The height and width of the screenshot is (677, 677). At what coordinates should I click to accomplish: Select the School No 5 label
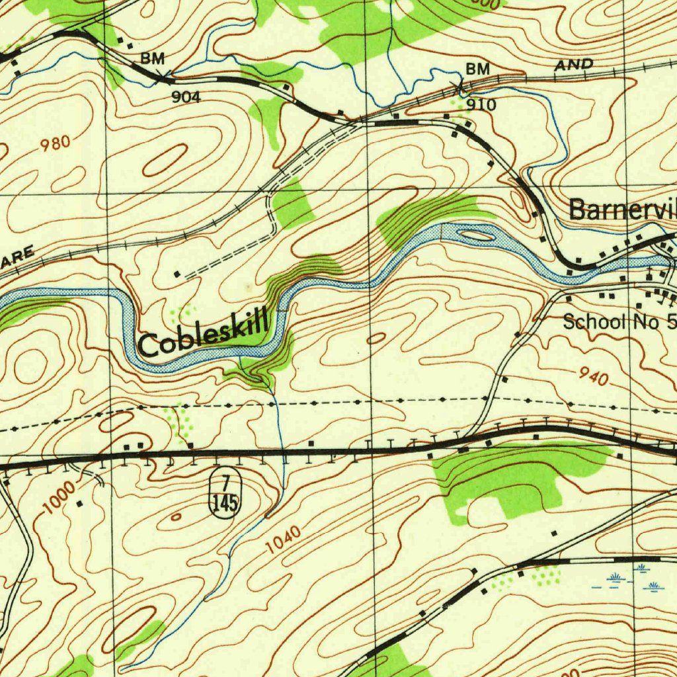pos(619,322)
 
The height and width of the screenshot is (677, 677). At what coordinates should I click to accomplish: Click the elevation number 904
pos(186,97)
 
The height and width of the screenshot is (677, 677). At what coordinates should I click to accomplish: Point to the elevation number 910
pos(481,104)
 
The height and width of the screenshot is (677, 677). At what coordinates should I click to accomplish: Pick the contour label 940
pos(593,377)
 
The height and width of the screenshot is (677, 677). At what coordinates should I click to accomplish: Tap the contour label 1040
pos(284,539)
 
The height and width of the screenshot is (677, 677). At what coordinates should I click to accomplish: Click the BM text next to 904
pos(152,59)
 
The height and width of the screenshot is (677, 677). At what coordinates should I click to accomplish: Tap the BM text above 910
pos(477,69)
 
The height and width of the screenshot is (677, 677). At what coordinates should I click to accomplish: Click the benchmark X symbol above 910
pos(457,85)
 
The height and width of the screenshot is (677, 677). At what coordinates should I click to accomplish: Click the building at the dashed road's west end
pos(177,273)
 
